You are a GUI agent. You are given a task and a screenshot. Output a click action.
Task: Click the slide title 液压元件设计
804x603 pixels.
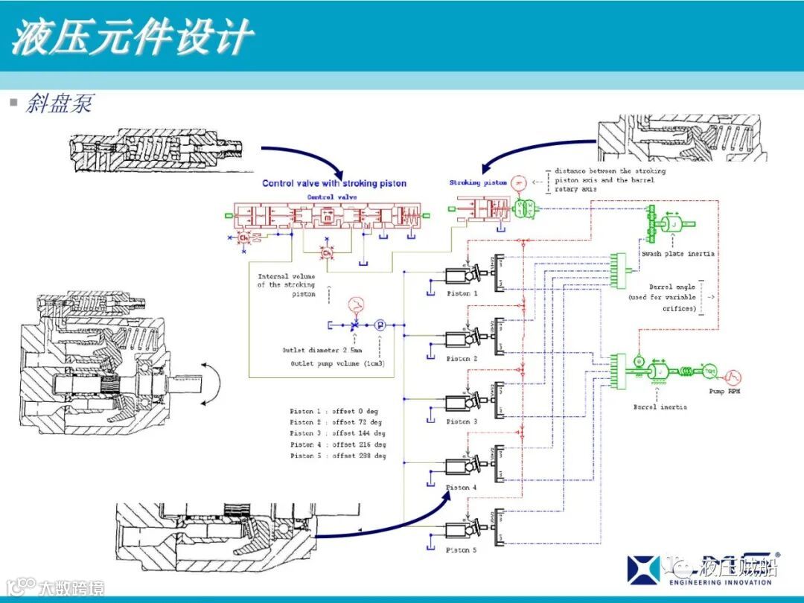[x=133, y=36]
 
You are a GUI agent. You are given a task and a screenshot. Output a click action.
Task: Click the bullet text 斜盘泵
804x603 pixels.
[x=59, y=103]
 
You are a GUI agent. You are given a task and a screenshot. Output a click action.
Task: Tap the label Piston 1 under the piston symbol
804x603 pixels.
[x=462, y=293]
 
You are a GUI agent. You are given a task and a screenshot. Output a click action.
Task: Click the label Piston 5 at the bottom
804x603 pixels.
[x=462, y=550]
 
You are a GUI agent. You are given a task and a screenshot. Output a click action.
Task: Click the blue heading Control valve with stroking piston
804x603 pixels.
[x=334, y=183]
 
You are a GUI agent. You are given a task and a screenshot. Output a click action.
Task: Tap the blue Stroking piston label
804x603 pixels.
[x=478, y=182]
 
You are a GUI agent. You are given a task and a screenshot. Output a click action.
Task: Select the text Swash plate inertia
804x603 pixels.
[x=677, y=254]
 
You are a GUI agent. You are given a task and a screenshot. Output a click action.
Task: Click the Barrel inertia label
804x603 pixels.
[x=660, y=407]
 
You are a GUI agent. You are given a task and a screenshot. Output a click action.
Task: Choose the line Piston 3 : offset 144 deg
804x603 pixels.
[x=337, y=433]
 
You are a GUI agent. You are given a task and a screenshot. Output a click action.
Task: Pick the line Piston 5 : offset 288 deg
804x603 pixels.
[x=337, y=456]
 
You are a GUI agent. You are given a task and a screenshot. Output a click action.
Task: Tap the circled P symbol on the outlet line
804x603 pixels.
[x=380, y=325]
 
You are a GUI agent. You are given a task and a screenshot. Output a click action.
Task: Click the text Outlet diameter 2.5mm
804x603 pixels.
[x=322, y=350]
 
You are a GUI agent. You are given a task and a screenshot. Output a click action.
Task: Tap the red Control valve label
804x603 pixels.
[x=331, y=197]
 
